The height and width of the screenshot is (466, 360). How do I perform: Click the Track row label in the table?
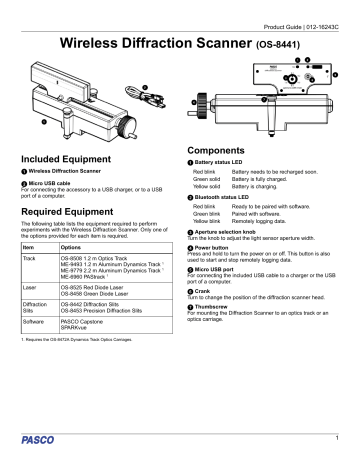pyautogui.click(x=30, y=259)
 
